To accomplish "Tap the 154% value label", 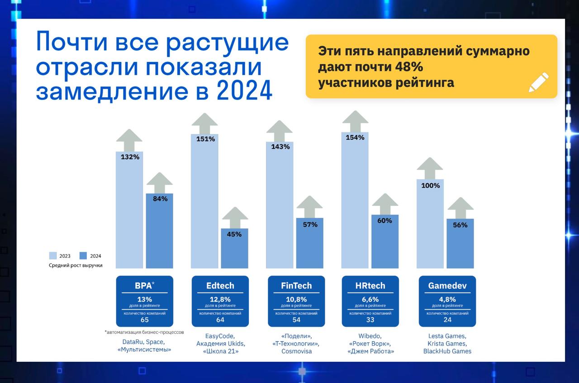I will tap(355, 137).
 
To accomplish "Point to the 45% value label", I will tap(234, 234).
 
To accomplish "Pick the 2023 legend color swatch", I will tap(53, 255).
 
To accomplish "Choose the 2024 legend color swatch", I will tap(83, 255).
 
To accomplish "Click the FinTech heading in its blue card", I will tap(296, 286).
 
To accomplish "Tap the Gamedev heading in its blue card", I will tap(447, 286).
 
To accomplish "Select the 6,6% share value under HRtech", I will tap(370, 299).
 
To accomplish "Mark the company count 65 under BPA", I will tap(145, 320).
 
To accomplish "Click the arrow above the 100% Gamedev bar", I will tap(430, 168).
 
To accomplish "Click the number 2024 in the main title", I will tap(245, 90).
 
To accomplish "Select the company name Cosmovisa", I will tap(296, 351).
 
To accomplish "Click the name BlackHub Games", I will tap(447, 351).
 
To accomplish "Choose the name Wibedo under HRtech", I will tap(370, 336).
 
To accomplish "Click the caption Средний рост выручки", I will tap(76, 265).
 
